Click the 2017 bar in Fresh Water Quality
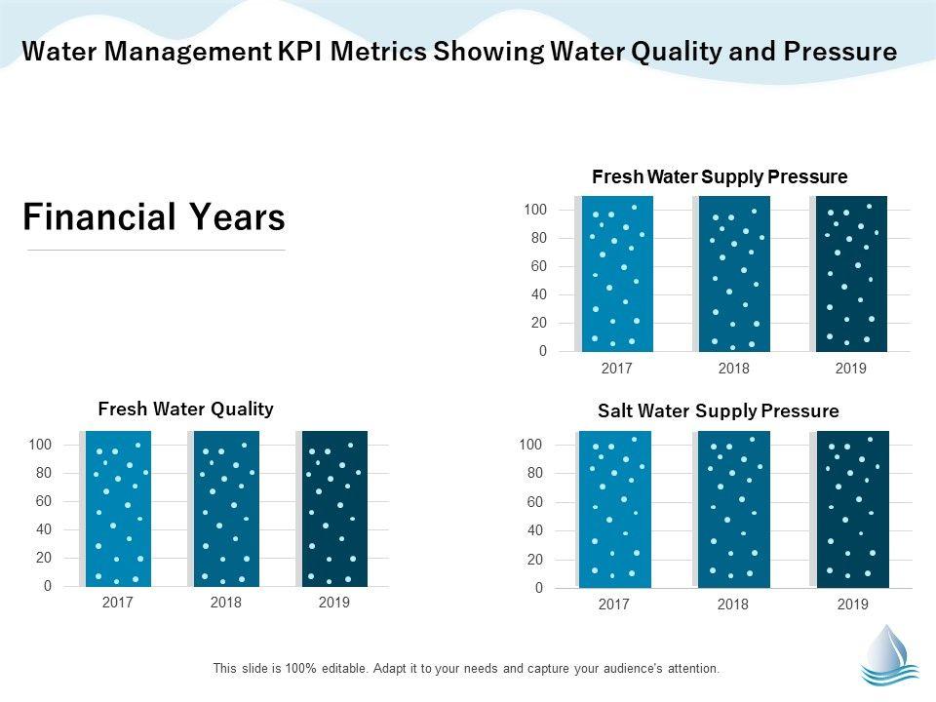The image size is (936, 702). (x=119, y=508)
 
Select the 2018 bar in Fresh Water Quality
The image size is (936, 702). (x=227, y=508)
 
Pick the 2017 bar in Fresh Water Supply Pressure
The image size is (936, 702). (x=616, y=273)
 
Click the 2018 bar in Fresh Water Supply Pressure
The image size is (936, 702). (x=734, y=273)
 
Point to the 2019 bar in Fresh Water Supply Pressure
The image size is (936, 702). (x=852, y=273)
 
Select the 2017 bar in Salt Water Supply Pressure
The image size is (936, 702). (x=614, y=509)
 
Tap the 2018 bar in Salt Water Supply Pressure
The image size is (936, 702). (x=733, y=509)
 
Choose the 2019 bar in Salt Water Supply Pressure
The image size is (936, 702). (x=853, y=509)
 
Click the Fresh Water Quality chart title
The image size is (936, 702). (x=185, y=409)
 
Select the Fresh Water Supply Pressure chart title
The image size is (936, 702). (x=720, y=176)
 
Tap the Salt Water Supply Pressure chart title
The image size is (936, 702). (x=718, y=410)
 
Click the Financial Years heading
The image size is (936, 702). (x=154, y=217)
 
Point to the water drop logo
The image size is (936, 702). (x=889, y=654)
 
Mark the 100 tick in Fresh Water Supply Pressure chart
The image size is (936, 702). (x=535, y=210)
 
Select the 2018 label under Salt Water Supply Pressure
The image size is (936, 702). (x=733, y=604)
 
